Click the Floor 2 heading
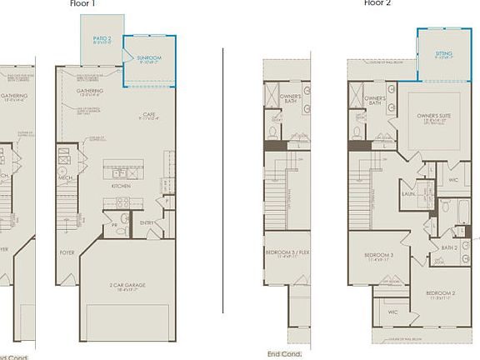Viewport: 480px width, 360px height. point(377,3)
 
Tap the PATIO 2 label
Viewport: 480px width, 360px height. point(102,39)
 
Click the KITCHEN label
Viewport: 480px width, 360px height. point(121,186)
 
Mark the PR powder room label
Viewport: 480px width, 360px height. point(113,225)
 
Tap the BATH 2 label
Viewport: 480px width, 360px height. point(451,247)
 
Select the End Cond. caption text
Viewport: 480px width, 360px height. point(284,353)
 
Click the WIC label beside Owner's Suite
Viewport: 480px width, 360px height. point(452,179)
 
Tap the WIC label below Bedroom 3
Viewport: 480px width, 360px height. point(393,312)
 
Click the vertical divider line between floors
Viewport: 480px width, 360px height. point(223,179)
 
